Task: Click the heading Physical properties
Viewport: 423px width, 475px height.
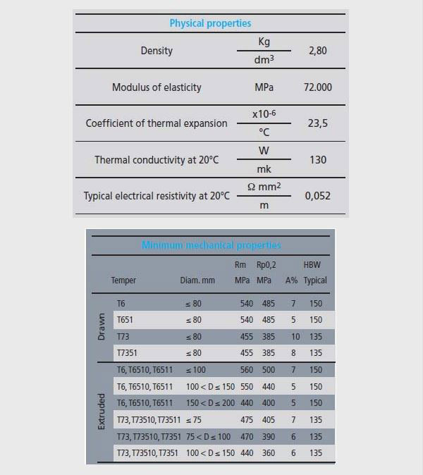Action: click(210, 23)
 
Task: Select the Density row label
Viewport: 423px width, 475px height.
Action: click(157, 51)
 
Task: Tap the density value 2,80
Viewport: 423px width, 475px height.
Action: click(318, 51)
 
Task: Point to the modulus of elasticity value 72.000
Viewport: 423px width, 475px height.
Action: click(318, 87)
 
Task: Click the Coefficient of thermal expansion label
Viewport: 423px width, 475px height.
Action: click(157, 123)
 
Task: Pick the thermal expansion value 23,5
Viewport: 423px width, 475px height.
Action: click(318, 123)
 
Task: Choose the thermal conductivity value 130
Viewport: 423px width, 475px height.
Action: click(318, 160)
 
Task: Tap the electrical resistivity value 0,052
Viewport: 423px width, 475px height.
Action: click(318, 196)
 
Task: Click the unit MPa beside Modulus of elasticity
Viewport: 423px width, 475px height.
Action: click(264, 87)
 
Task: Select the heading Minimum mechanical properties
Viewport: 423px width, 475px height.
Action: click(211, 245)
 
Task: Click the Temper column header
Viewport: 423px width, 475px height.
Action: click(123, 280)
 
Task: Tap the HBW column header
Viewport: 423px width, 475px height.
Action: click(312, 265)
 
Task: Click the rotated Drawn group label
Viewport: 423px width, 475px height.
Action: click(101, 328)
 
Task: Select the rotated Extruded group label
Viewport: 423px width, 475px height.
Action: click(101, 412)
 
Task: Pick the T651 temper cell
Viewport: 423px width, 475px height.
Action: click(125, 319)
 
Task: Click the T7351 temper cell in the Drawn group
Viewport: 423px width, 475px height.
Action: click(127, 353)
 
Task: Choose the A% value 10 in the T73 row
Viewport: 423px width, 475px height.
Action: click(295, 336)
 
